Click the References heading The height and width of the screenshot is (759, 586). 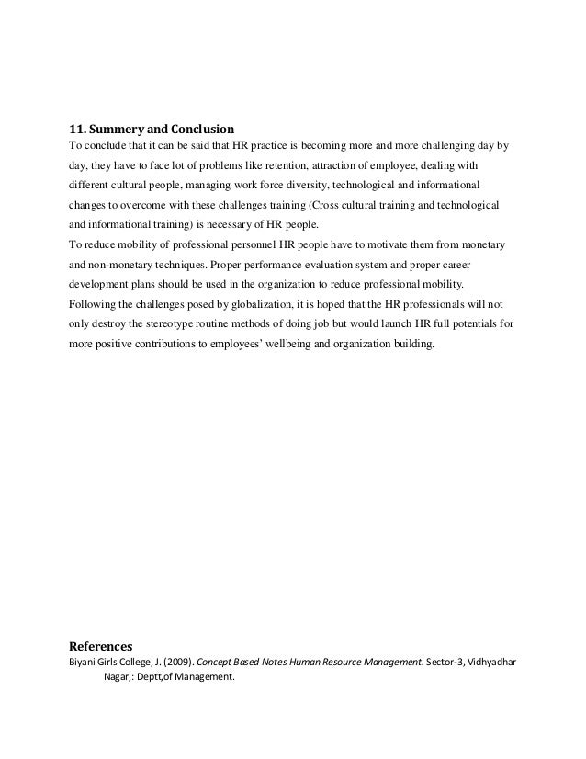click(102, 644)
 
